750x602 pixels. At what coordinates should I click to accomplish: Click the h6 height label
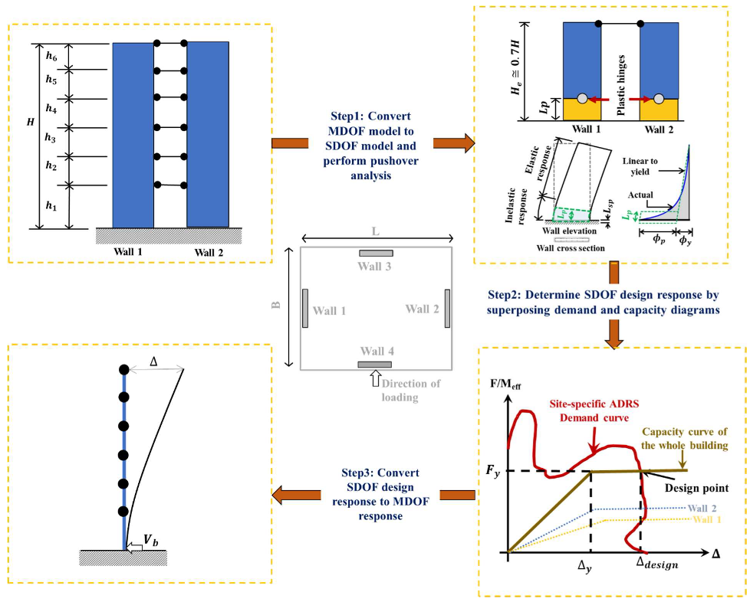click(x=51, y=55)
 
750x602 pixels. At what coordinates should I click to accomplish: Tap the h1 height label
click(x=51, y=206)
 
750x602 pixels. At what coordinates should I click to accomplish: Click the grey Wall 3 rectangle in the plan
click(x=376, y=253)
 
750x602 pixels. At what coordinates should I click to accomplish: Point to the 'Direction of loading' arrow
click(x=376, y=376)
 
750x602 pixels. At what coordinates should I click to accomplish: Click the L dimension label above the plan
click(x=374, y=229)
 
